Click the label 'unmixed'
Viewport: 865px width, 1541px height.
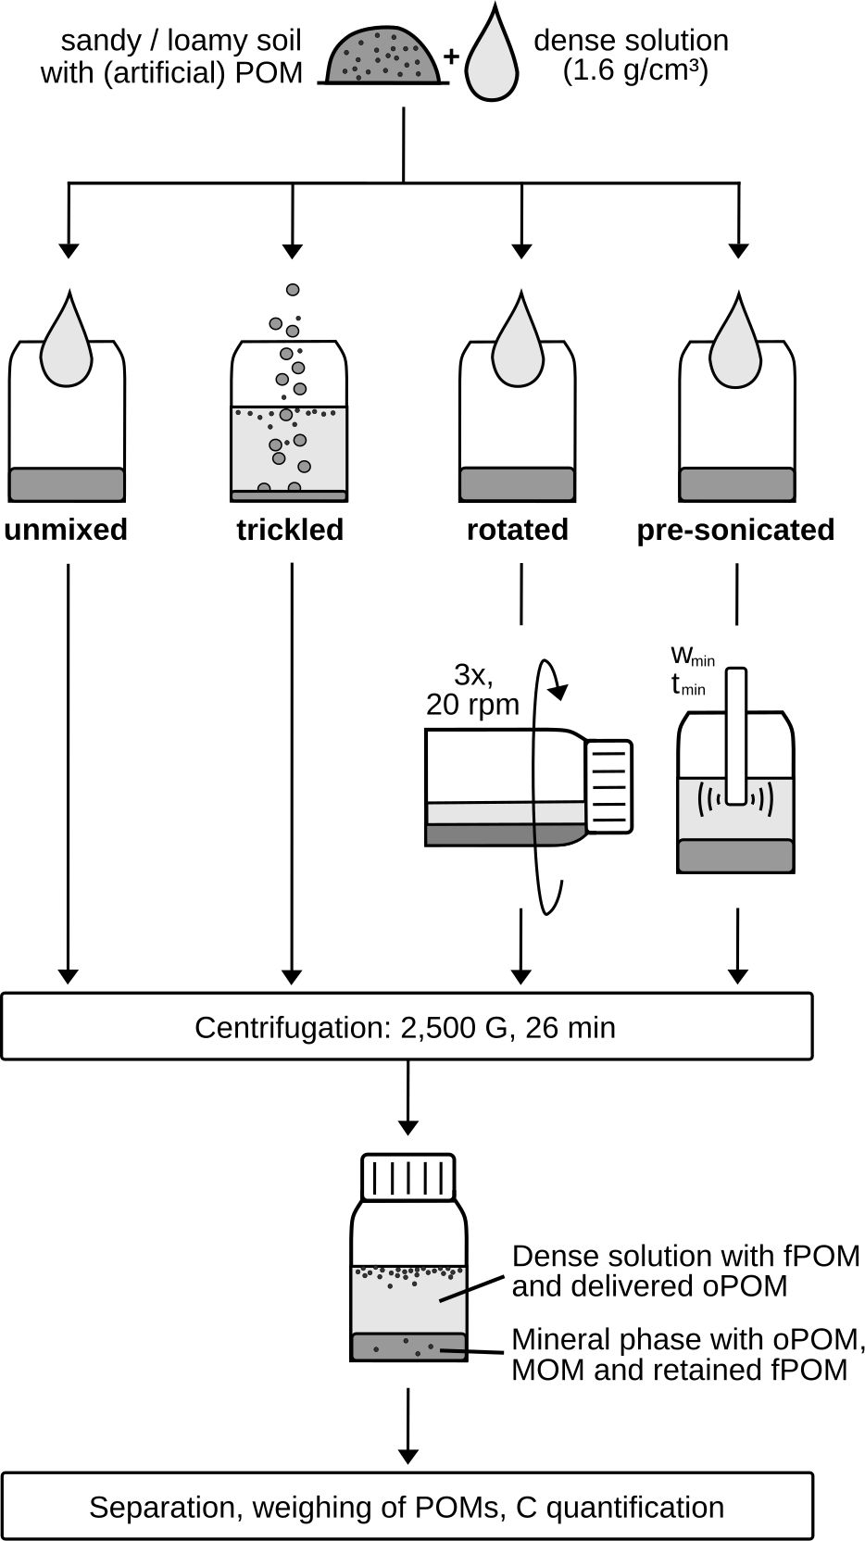click(x=66, y=530)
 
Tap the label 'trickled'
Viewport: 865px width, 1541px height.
click(x=290, y=530)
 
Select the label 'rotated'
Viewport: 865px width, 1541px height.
click(x=518, y=530)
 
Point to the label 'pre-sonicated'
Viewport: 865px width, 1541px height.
click(x=735, y=530)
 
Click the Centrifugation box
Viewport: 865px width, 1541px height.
click(x=407, y=1027)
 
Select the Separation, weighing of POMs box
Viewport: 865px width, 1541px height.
click(x=407, y=1507)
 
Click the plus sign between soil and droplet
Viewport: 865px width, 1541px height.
click(x=451, y=56)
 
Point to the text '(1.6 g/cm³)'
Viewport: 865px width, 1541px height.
click(x=635, y=71)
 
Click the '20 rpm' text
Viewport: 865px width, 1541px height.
click(x=472, y=705)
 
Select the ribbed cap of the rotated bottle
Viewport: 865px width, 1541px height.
click(x=609, y=786)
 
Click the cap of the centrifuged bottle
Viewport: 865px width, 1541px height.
click(x=407, y=1177)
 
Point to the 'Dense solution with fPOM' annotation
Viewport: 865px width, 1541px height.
click(x=685, y=1257)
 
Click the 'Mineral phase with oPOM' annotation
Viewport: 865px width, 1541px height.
click(x=688, y=1340)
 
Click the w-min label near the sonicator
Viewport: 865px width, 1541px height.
click(x=692, y=657)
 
